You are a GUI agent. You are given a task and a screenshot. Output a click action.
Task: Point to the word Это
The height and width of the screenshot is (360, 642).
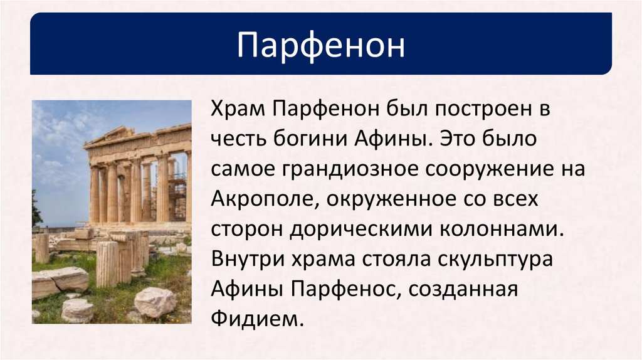click(x=459, y=139)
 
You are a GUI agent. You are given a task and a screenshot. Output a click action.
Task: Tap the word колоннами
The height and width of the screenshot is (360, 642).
click(x=502, y=228)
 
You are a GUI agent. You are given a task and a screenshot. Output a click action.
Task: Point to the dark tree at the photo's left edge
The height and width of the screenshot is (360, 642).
click(x=36, y=210)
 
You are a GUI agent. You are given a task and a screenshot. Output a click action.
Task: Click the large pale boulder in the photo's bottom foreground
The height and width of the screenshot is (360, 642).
click(x=154, y=302)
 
